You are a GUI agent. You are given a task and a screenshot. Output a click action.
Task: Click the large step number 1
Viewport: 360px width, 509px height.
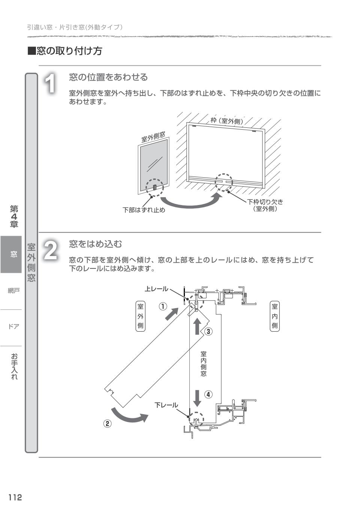[51, 83]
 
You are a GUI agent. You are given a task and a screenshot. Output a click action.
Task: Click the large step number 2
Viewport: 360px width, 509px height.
[51, 250]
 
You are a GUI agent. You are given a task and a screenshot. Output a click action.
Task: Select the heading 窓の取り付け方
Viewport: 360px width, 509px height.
[65, 51]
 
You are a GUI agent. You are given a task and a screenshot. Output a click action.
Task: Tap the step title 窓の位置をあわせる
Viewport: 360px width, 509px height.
[108, 77]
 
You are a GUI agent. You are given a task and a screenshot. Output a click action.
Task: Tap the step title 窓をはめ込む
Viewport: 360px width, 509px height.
[96, 244]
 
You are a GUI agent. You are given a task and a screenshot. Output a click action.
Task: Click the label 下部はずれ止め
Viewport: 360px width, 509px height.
[144, 210]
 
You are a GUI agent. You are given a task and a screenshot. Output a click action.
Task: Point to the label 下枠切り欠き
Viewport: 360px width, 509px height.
[265, 202]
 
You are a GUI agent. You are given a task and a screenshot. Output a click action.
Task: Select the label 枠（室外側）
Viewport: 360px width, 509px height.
[227, 121]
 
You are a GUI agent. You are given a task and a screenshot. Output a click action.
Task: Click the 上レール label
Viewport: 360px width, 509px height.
[156, 289]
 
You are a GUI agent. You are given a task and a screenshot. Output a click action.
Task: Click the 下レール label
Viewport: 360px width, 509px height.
[166, 405]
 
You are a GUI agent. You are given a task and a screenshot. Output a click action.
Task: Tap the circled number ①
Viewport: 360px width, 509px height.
[162, 306]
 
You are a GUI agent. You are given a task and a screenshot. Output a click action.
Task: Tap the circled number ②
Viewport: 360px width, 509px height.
[107, 424]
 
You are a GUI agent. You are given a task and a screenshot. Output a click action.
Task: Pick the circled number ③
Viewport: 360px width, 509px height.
[208, 331]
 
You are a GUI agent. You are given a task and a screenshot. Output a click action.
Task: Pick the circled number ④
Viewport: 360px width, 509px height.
[208, 394]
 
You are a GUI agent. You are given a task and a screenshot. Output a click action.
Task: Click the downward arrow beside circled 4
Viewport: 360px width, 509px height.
[197, 398]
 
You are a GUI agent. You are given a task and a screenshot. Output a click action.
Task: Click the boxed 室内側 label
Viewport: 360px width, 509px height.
[274, 316]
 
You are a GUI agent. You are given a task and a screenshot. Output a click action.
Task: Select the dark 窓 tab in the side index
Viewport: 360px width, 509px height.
[13, 254]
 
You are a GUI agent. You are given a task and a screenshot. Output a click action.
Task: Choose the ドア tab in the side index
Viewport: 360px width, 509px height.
[13, 326]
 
